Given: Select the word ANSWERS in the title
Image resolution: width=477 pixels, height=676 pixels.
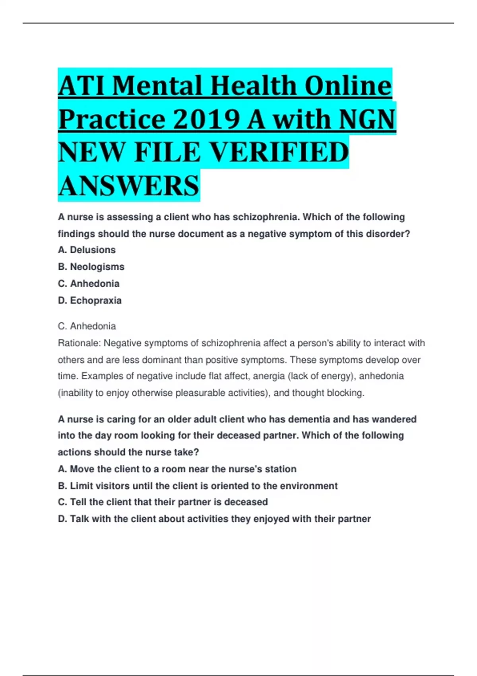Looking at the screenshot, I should coord(128,186).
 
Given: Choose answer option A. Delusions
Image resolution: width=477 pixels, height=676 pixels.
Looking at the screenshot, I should coord(87,250).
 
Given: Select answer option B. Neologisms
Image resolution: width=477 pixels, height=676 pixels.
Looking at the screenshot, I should coord(91,267).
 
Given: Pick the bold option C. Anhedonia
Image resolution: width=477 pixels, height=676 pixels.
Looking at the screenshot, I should coord(89,284).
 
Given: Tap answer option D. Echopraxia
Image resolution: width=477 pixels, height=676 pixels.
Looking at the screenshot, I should coord(89,300).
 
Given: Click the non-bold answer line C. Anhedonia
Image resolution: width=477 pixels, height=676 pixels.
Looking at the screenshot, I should coord(87,326).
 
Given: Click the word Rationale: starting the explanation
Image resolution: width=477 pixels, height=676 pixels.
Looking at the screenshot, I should coord(79,343).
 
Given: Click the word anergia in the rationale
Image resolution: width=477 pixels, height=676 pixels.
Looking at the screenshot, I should coord(269,376).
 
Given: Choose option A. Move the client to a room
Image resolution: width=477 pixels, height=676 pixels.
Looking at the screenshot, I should coord(177,469).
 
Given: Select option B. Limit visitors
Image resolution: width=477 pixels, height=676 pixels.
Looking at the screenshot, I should coord(198,486).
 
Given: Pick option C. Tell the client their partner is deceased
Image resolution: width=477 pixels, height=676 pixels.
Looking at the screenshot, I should coord(163,502).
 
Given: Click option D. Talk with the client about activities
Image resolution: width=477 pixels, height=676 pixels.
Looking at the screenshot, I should coord(214,519).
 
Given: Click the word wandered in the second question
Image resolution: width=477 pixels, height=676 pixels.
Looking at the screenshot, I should coord(394,419).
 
